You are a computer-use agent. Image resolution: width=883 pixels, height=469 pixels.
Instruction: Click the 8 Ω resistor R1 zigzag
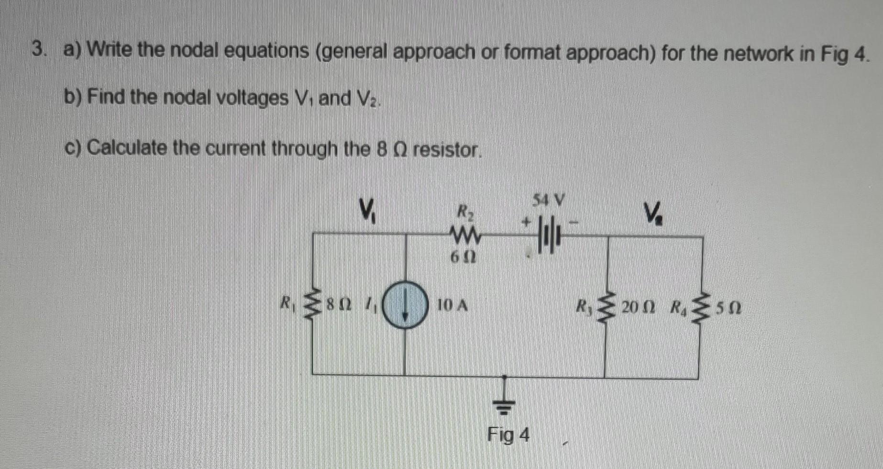pyautogui.click(x=313, y=306)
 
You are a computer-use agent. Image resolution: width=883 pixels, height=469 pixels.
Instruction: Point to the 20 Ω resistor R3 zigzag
pyautogui.click(x=607, y=306)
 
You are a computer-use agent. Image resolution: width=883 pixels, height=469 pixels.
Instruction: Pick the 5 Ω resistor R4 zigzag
pyautogui.click(x=702, y=306)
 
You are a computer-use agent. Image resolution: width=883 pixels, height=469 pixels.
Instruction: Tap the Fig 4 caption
pyautogui.click(x=508, y=435)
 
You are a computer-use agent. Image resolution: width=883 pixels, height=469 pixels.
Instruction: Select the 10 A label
pyautogui.click(x=452, y=305)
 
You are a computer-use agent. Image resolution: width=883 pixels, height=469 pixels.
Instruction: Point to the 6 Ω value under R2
pyautogui.click(x=463, y=257)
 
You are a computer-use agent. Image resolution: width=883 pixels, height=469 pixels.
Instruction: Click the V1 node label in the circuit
pyautogui.click(x=367, y=209)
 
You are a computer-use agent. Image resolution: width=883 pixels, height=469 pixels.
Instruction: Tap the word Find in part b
pyautogui.click(x=106, y=98)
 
